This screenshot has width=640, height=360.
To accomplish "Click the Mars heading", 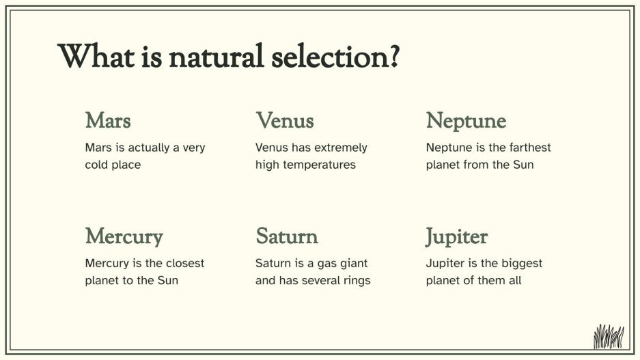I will (108, 121).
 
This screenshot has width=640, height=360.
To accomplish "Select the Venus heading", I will (285, 121).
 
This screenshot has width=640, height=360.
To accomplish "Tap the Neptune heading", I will (466, 121).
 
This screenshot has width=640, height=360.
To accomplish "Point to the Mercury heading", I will (124, 237).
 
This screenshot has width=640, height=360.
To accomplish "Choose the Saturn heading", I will (287, 237).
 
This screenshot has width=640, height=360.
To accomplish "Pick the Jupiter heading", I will (456, 237).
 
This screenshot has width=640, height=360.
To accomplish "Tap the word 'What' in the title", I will (91, 55).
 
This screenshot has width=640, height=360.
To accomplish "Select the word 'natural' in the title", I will (214, 55).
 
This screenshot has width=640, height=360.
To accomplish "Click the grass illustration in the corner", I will (608, 336).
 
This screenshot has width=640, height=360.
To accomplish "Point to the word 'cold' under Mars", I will (98, 165).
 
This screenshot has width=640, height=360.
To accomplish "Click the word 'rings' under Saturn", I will (355, 280).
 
